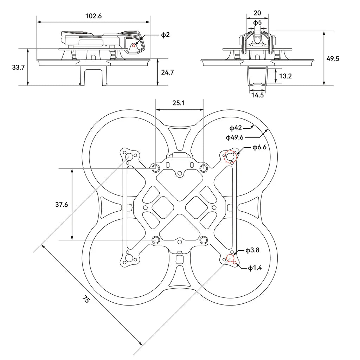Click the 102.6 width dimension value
(x=93, y=16)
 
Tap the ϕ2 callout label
(x=165, y=34)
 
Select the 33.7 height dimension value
(x=18, y=67)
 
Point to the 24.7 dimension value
(x=168, y=72)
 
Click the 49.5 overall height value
(x=333, y=58)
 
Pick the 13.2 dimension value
(x=285, y=76)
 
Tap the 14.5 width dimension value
(x=257, y=95)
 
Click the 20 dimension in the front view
(x=257, y=13)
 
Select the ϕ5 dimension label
(x=257, y=22)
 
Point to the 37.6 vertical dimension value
(x=62, y=204)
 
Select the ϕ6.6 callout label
(x=259, y=147)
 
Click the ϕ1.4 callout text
(x=255, y=268)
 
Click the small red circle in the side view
(x=134, y=45)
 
